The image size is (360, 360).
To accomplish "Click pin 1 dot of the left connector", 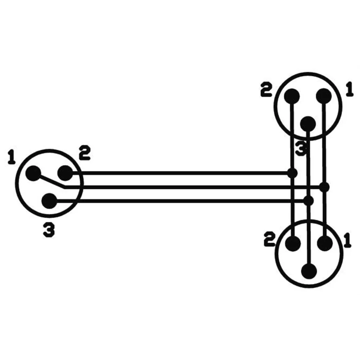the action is click(x=33, y=173).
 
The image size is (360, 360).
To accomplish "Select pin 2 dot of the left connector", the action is click(x=65, y=173).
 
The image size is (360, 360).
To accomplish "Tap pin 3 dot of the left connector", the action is click(x=49, y=201).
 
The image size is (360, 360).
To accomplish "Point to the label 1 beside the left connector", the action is click(x=11, y=157).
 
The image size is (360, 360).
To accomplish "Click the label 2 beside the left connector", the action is click(x=85, y=153).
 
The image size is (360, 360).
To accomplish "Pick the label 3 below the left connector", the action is click(x=49, y=230).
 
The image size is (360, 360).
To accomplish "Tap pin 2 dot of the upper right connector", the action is click(x=292, y=96).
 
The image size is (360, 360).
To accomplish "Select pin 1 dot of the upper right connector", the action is click(x=324, y=96).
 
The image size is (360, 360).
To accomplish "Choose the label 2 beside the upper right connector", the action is click(x=266, y=90).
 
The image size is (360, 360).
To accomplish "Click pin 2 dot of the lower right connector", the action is click(x=293, y=243).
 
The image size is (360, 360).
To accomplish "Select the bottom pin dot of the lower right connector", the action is click(x=309, y=271).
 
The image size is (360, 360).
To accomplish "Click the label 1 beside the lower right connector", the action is click(x=348, y=240).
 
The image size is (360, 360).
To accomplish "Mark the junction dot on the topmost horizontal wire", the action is click(x=292, y=173).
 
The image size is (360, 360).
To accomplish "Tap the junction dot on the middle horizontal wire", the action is click(x=324, y=187).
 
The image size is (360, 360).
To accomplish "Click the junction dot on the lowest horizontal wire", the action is click(x=309, y=201).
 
